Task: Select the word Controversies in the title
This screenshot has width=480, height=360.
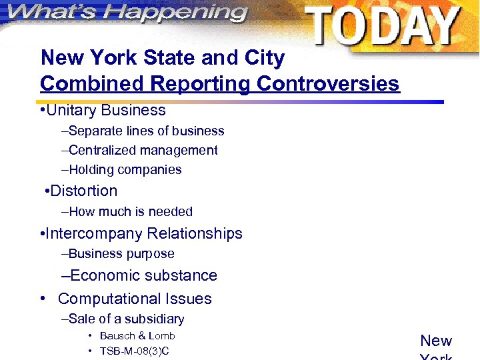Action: [329, 84]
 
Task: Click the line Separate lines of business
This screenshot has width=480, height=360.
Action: [145, 131]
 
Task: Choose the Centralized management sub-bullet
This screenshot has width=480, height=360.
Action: [143, 151]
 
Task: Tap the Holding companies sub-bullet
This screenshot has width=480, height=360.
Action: [125, 170]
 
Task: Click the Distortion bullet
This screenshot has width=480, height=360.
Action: [83, 191]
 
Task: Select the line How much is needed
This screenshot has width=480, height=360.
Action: [130, 212]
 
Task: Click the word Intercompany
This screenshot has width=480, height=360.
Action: [93, 233]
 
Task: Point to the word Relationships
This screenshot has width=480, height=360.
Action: [195, 233]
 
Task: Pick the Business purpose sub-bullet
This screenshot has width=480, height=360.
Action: [121, 254]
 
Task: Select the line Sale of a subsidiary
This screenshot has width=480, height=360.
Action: [126, 319]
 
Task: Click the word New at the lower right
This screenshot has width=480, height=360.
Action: [436, 341]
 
